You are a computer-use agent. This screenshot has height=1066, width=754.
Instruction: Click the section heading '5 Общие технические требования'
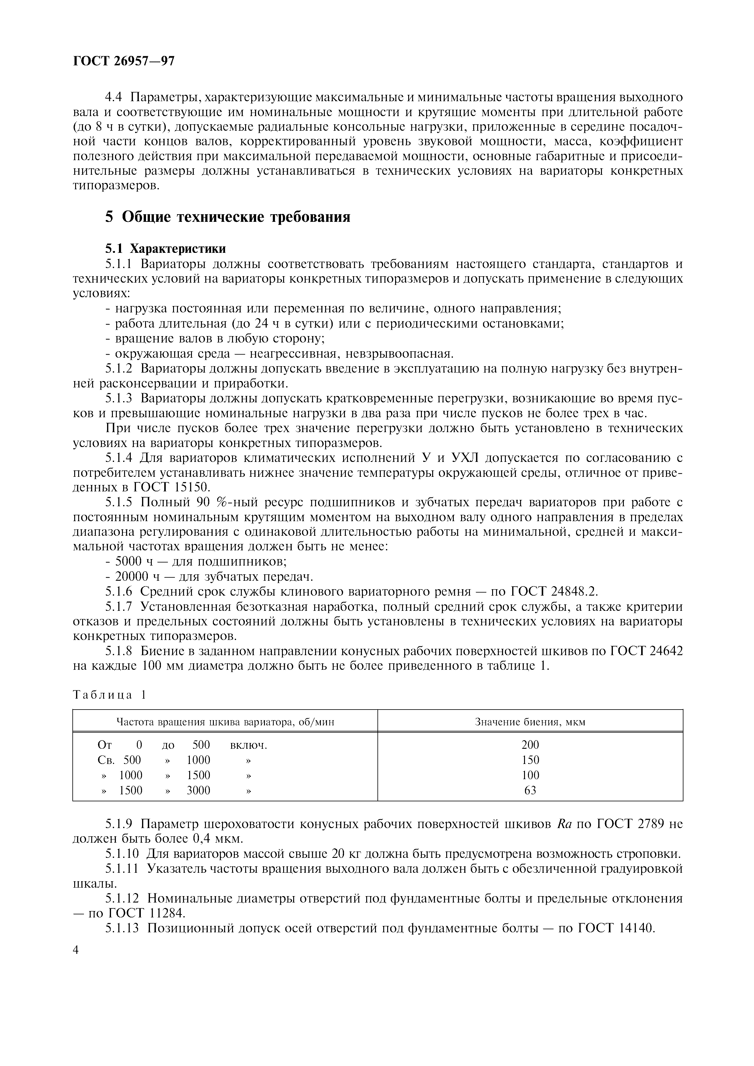pyautogui.click(x=228, y=217)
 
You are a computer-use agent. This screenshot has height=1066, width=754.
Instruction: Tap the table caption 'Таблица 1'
pyautogui.click(x=109, y=695)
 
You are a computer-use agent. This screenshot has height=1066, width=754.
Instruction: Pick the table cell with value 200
pyautogui.click(x=530, y=745)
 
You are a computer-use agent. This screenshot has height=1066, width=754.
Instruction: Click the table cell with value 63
pyautogui.click(x=530, y=790)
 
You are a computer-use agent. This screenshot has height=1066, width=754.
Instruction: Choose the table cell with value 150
pyautogui.click(x=530, y=760)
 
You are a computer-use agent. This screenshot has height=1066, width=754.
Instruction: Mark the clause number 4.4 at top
pyautogui.click(x=113, y=98)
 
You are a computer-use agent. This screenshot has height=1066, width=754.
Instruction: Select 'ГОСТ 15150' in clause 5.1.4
pyautogui.click(x=172, y=487)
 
